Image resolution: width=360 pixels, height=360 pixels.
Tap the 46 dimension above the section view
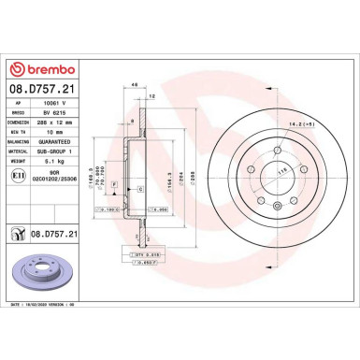click(x=136, y=85)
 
